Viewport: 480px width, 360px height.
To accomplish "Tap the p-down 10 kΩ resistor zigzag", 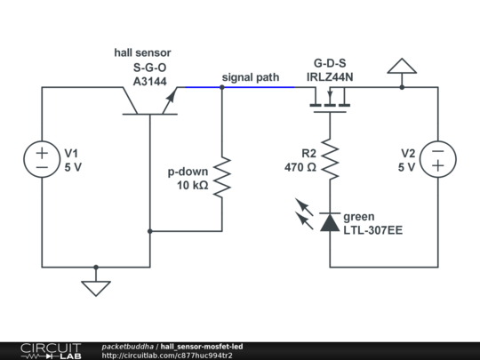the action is (222, 177).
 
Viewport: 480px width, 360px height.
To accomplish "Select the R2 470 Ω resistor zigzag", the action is (330, 158).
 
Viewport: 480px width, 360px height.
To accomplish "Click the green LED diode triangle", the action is (330, 222).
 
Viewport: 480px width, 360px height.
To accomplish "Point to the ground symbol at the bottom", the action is (96, 288).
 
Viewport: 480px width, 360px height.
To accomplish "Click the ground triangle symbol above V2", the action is (402, 66).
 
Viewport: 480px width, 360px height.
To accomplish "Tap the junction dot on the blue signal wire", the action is (222, 87).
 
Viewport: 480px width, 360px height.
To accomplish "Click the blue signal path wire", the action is (240, 87).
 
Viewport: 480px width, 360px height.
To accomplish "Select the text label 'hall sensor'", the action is (142, 52).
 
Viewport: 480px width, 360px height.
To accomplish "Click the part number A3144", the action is (150, 82).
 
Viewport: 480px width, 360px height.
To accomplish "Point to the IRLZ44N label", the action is (330, 76).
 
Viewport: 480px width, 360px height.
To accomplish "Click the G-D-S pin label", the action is (330, 63).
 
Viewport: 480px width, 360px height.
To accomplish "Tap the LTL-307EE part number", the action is (372, 230).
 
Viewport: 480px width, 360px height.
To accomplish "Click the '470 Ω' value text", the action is (300, 167).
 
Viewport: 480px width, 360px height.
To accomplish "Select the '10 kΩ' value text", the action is (193, 185).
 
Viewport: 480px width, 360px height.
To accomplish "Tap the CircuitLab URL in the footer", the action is (167, 356).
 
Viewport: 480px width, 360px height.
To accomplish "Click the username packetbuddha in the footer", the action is (128, 347).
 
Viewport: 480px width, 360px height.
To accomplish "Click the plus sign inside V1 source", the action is (42, 153).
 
